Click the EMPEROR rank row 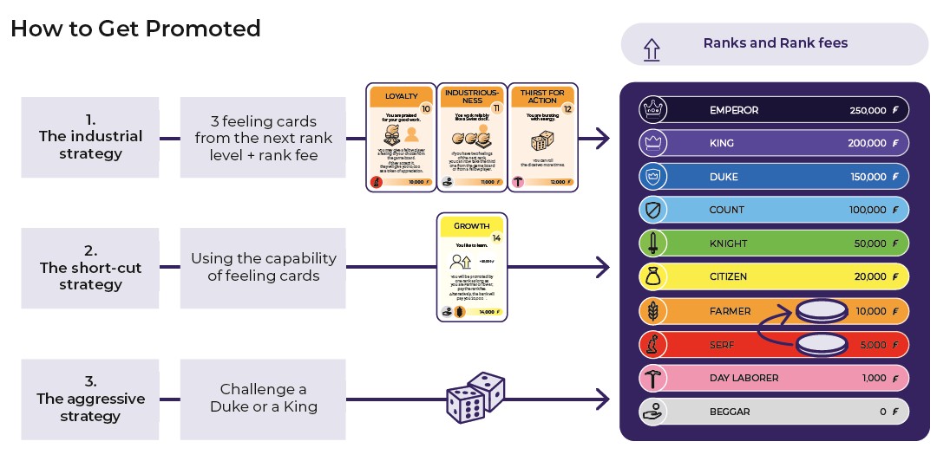[773, 110]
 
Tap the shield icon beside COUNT [652, 210]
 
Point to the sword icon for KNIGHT [652, 243]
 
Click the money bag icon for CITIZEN [652, 277]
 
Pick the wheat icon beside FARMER [652, 310]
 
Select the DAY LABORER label [744, 378]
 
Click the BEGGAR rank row [773, 412]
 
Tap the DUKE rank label [724, 177]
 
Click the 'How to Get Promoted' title [135, 29]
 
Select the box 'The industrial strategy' [90, 138]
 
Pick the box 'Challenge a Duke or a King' [263, 398]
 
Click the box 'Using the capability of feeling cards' [263, 268]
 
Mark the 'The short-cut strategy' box [90, 268]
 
